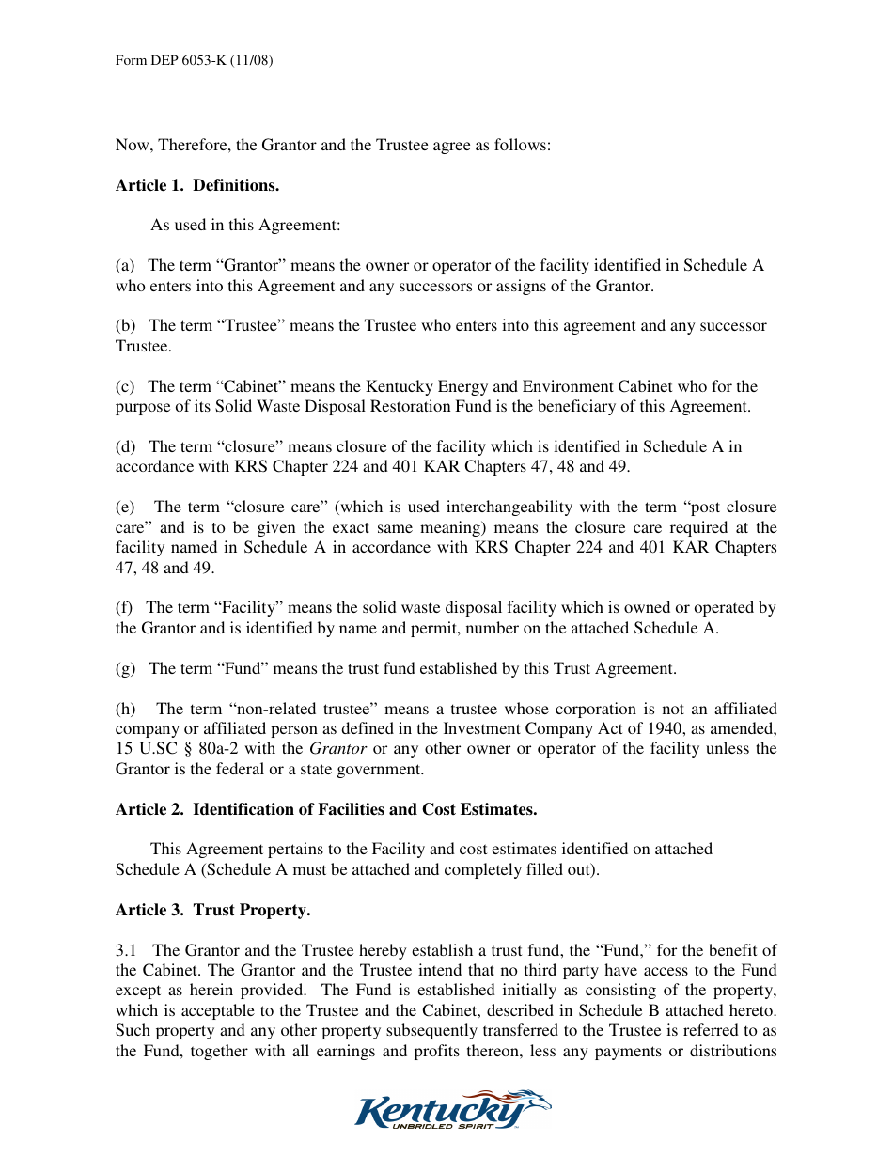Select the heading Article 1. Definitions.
[197, 185]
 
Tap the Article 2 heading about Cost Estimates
[326, 809]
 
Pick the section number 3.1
[127, 950]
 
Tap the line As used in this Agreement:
[245, 226]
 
